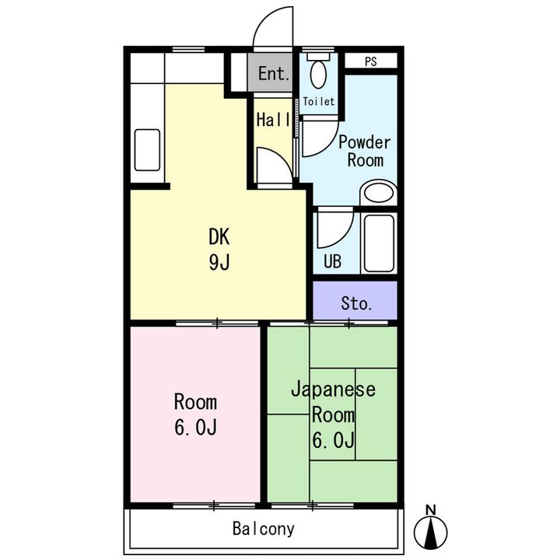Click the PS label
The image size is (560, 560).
371,61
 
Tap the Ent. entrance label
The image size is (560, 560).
274,74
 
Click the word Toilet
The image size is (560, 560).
319,101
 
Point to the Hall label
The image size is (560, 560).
274,120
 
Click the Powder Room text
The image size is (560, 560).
365,152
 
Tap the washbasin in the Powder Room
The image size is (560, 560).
379,193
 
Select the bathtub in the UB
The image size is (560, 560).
379,243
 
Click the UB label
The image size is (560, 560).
333,261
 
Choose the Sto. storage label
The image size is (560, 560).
356,303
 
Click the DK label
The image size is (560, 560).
219,236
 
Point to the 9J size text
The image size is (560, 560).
219,263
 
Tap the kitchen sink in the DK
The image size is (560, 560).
147,150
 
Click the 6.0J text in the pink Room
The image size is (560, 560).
195,428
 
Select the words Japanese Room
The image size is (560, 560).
333,402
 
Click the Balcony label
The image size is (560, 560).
264,529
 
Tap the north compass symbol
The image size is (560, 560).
430,531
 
